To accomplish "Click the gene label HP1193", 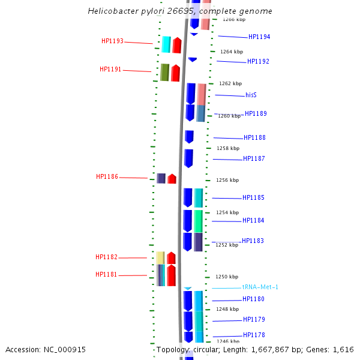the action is click(112, 41).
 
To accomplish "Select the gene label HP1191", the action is click(110, 70).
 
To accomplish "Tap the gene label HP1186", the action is click(107, 177).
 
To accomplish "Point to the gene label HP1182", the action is click(106, 257).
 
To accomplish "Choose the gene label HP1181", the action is click(106, 275).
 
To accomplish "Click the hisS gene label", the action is click(251, 95).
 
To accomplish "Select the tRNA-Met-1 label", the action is click(260, 287).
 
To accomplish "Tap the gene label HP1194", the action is click(259, 37).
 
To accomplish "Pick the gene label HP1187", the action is click(254, 159).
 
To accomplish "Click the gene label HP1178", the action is click(254, 335).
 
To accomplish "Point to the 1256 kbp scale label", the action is click(227, 180).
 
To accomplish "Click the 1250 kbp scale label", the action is click(227, 277).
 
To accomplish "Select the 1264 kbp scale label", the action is click(232, 52).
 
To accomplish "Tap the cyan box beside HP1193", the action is click(166, 44).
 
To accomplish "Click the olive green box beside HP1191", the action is click(164, 73).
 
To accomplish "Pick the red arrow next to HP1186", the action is click(172, 178).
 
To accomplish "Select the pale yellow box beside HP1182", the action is click(160, 258).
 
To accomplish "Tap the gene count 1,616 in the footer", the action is click(343, 350).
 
